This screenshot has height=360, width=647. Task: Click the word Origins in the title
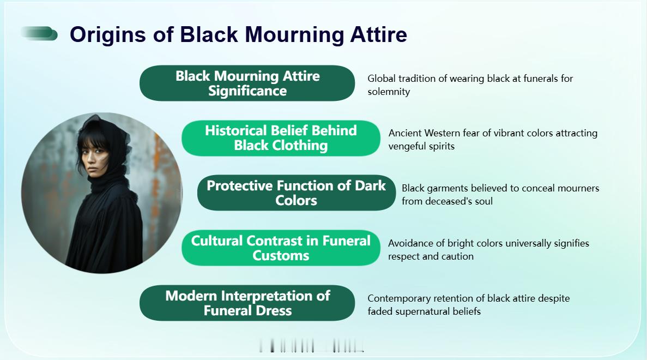coord(108,35)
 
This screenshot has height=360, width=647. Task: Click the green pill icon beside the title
coord(39,33)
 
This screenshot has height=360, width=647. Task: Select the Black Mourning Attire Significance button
coord(247,83)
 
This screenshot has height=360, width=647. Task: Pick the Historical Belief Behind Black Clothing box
coord(281,138)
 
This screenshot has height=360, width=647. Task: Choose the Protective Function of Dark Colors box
coord(297,193)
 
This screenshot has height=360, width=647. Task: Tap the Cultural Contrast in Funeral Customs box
coord(281,248)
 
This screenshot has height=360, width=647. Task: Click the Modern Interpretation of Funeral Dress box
coord(247,303)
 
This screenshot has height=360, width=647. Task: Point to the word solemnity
coord(389,92)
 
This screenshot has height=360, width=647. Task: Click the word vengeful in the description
coord(403,146)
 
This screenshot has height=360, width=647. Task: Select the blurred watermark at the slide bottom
coord(312,345)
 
